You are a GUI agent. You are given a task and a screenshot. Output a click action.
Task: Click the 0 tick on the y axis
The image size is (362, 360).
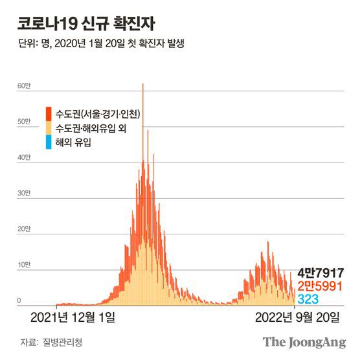tap(20, 300)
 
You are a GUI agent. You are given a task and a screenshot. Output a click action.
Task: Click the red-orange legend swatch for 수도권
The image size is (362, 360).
tap(49, 114)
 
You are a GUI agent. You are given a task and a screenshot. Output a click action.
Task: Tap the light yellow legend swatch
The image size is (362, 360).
tap(49, 128)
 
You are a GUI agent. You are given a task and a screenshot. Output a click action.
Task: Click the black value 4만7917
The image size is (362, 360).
tap(321, 273)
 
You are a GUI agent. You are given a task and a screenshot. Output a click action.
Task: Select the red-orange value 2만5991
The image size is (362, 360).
tap(321, 286)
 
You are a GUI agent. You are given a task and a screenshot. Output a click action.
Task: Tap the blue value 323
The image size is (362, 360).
tap(308, 299)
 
